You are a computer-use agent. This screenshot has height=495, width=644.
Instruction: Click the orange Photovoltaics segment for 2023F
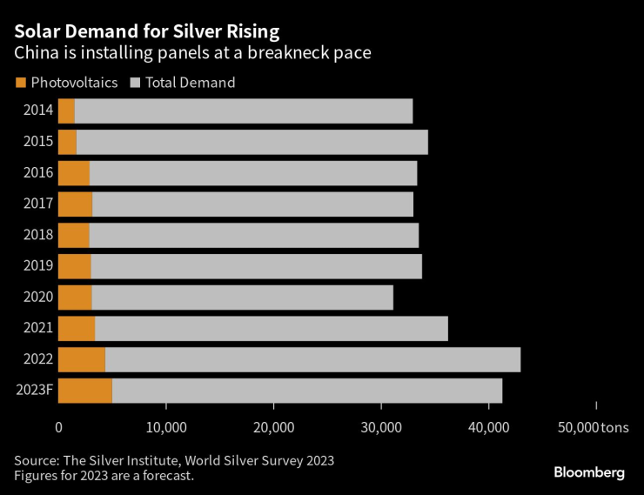[84, 391]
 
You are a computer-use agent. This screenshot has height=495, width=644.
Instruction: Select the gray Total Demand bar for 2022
[312, 359]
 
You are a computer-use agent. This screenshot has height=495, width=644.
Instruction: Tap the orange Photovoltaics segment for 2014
[66, 110]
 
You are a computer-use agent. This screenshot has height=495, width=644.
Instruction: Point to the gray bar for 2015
[252, 142]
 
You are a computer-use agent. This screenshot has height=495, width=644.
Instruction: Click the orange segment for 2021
[76, 328]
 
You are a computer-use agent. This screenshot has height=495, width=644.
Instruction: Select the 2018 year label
[39, 235]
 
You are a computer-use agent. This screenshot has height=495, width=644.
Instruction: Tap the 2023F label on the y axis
[35, 390]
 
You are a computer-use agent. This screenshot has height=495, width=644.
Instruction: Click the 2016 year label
[39, 172]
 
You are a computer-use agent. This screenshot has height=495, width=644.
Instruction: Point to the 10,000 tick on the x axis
[165, 427]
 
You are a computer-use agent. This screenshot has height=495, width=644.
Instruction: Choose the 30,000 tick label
[381, 427]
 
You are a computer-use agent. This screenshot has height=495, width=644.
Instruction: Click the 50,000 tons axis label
[592, 427]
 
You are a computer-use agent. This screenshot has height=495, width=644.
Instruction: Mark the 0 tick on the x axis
[58, 427]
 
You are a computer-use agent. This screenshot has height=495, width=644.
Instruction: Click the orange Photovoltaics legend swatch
[20, 83]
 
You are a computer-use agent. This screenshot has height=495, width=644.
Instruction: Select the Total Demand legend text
[190, 83]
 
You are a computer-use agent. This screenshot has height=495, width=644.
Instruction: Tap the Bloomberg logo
[589, 472]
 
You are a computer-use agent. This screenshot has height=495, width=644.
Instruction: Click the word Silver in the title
[205, 31]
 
